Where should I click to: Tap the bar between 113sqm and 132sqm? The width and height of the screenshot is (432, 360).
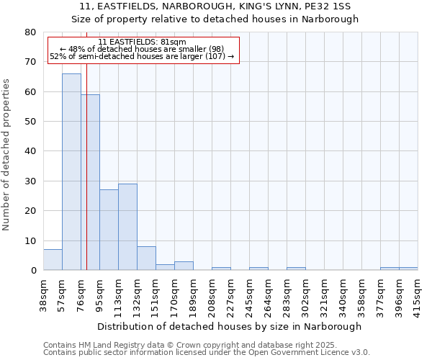pyautogui.click(x=127, y=227)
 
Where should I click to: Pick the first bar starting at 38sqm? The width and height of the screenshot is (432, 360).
pyautogui.click(x=53, y=260)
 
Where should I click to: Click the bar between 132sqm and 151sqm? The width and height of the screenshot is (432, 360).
pyautogui.click(x=146, y=258)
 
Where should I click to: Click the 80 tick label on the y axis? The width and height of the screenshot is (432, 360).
pyautogui.click(x=31, y=32)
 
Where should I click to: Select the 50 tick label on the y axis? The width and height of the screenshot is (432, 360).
pyautogui.click(x=31, y=122)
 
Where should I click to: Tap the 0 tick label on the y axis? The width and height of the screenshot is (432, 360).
pyautogui.click(x=34, y=271)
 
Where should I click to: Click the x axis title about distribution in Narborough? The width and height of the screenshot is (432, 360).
pyautogui.click(x=230, y=326)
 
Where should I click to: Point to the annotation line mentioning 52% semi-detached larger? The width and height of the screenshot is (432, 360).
pyautogui.click(x=142, y=56)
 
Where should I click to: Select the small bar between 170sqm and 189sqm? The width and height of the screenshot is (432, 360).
pyautogui.click(x=184, y=266)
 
